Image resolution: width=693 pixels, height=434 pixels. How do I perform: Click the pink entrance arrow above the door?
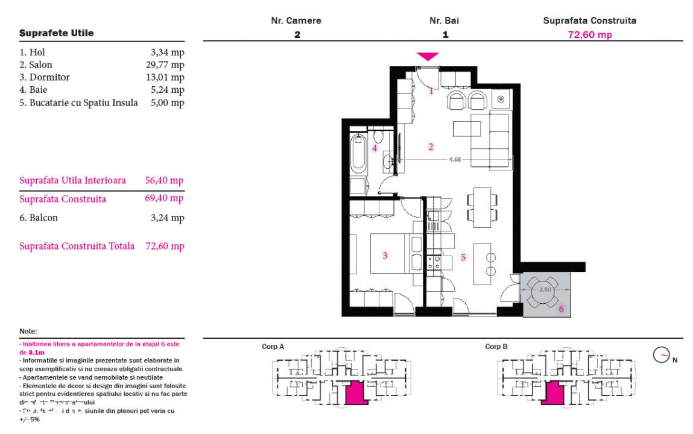click(428, 57)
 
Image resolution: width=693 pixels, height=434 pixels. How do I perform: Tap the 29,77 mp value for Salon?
click(168, 64)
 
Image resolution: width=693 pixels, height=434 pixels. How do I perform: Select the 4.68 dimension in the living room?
click(455, 160)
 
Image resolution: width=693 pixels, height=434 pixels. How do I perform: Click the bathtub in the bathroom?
click(358, 154)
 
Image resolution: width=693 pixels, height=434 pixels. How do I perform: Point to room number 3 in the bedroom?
click(385, 255)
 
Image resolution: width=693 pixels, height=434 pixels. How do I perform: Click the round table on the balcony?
click(545, 290)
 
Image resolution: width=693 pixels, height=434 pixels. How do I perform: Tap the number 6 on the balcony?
click(561, 309)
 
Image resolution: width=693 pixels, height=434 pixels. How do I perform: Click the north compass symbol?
click(661, 355)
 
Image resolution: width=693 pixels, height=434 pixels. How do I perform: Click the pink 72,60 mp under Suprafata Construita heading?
click(589, 34)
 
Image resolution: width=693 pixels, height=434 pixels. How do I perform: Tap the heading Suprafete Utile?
click(57, 33)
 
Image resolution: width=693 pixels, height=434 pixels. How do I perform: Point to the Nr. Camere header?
click(296, 20)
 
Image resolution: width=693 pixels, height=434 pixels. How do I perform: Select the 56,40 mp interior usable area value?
click(164, 180)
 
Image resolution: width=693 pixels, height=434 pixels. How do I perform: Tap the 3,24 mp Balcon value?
click(167, 218)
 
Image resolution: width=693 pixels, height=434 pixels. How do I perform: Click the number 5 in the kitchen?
click(463, 257)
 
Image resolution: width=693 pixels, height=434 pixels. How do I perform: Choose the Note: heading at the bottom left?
click(28, 332)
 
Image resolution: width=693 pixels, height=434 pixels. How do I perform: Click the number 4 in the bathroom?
click(375, 148)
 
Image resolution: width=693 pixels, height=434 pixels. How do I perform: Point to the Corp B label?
click(496, 347)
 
